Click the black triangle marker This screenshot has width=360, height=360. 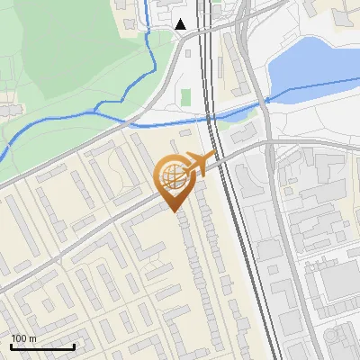coord(182,24)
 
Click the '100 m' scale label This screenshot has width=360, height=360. coord(24,338)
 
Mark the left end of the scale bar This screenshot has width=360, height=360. coord(11,346)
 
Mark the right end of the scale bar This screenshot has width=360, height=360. coord(74,346)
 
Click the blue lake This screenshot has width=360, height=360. coord(310,63)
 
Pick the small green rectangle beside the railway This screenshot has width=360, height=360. coord(186,96)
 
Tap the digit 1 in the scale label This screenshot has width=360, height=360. coord(13,338)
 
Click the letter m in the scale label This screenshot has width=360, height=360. coord(34,338)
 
